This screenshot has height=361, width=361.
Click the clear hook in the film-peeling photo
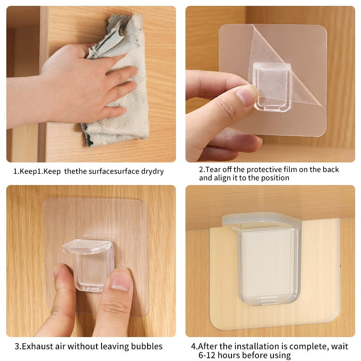click(x=271, y=86)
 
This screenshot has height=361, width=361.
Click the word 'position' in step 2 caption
click(x=273, y=178)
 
